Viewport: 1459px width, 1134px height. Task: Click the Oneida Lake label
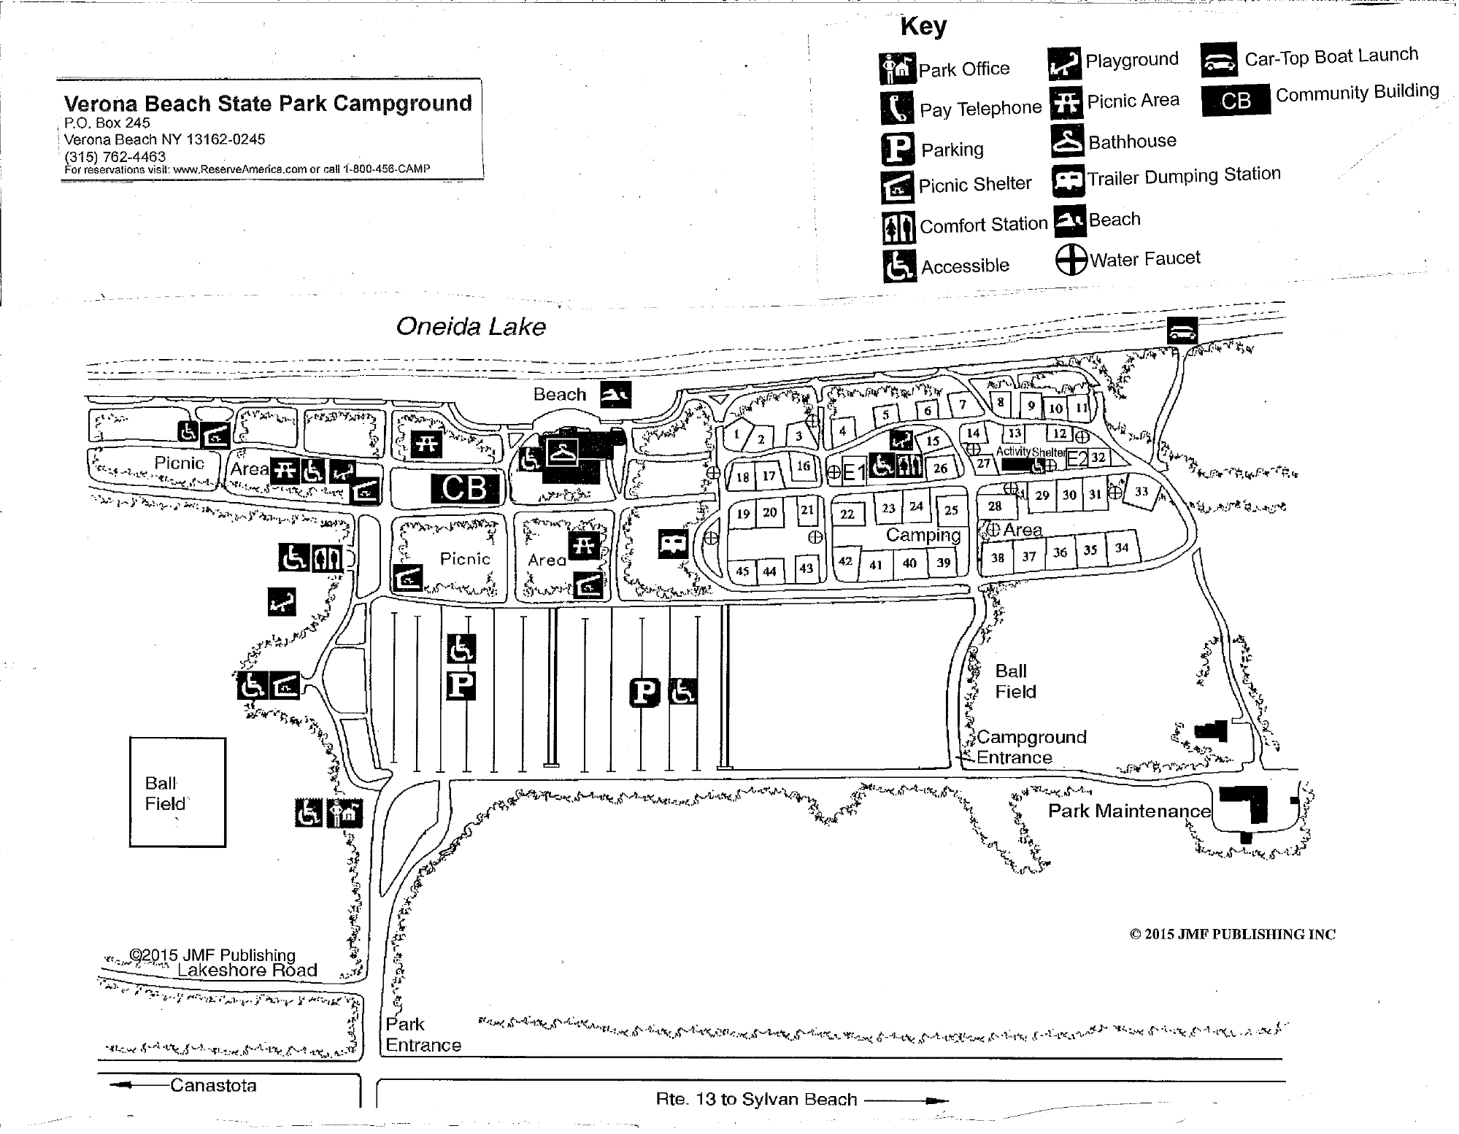471,326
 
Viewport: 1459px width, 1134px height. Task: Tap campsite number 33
1142,492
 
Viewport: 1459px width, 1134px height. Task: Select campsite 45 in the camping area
742,571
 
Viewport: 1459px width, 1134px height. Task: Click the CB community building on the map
464,487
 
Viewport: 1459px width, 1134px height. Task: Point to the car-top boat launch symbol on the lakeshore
1182,331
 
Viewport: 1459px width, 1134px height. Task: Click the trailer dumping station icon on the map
673,544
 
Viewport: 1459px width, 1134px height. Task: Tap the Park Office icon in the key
897,69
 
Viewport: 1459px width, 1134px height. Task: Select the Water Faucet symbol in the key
1071,260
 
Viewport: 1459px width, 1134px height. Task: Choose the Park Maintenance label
1129,811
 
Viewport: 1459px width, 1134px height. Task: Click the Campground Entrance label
1031,747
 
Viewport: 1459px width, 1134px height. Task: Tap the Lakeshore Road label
247,970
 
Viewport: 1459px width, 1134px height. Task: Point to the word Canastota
213,1085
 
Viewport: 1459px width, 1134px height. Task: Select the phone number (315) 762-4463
115,156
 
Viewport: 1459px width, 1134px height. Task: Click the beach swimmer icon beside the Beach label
615,395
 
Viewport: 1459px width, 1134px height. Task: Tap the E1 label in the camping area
854,473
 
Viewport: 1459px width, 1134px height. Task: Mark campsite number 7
963,405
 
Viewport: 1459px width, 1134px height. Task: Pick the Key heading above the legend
923,26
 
